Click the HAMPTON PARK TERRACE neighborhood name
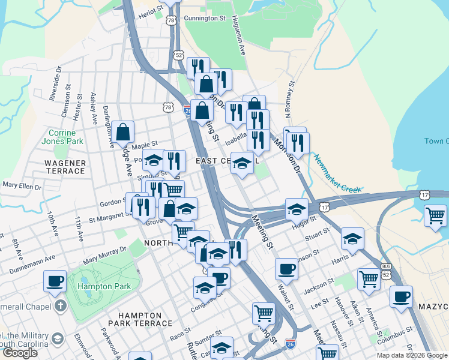point(139,319)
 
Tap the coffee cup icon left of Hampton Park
point(56,280)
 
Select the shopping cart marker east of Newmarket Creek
point(435,215)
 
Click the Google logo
point(20,353)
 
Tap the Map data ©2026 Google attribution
point(412,355)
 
